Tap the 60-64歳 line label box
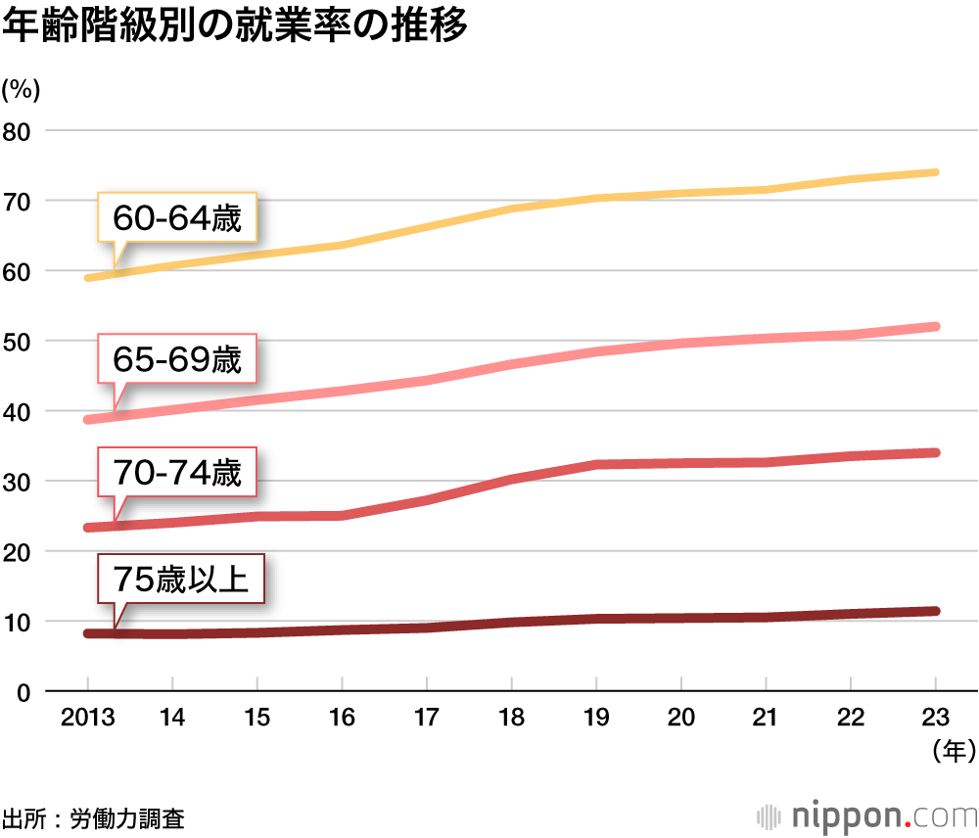(176, 217)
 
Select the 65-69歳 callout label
(176, 360)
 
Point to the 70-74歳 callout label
(176, 474)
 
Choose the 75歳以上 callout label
(181, 580)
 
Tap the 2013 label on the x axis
(87, 718)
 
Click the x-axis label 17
(427, 718)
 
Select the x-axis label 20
(681, 718)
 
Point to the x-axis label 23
(936, 718)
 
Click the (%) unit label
(21, 89)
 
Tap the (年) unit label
(949, 752)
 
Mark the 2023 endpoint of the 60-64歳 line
(935, 172)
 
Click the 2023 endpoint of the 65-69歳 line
(935, 326)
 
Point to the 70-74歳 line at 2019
(596, 464)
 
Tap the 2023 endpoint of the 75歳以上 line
(935, 611)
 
